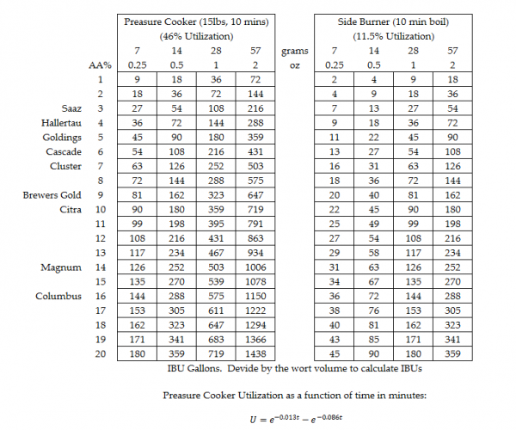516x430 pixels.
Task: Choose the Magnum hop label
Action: (61, 267)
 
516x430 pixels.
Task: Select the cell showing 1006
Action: (255, 267)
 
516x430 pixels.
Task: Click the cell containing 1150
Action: (255, 297)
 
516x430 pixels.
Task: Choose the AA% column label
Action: (100, 64)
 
